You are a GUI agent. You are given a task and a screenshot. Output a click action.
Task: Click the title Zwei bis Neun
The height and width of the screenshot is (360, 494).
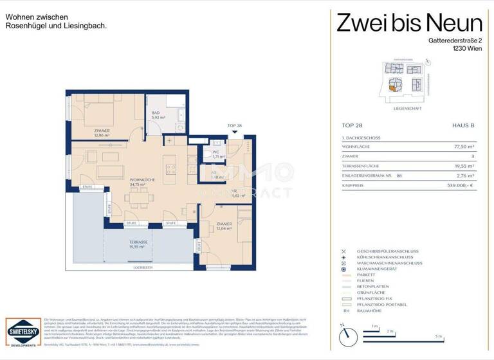click(x=409, y=24)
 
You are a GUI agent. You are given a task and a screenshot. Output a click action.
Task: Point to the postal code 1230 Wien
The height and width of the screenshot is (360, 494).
click(x=466, y=50)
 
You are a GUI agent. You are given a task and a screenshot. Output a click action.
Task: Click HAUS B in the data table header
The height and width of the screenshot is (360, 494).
click(x=462, y=126)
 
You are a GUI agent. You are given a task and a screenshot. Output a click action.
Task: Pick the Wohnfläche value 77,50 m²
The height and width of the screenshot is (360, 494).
click(x=462, y=147)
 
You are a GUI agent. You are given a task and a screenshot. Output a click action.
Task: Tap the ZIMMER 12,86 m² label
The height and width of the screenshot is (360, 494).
click(x=102, y=133)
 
